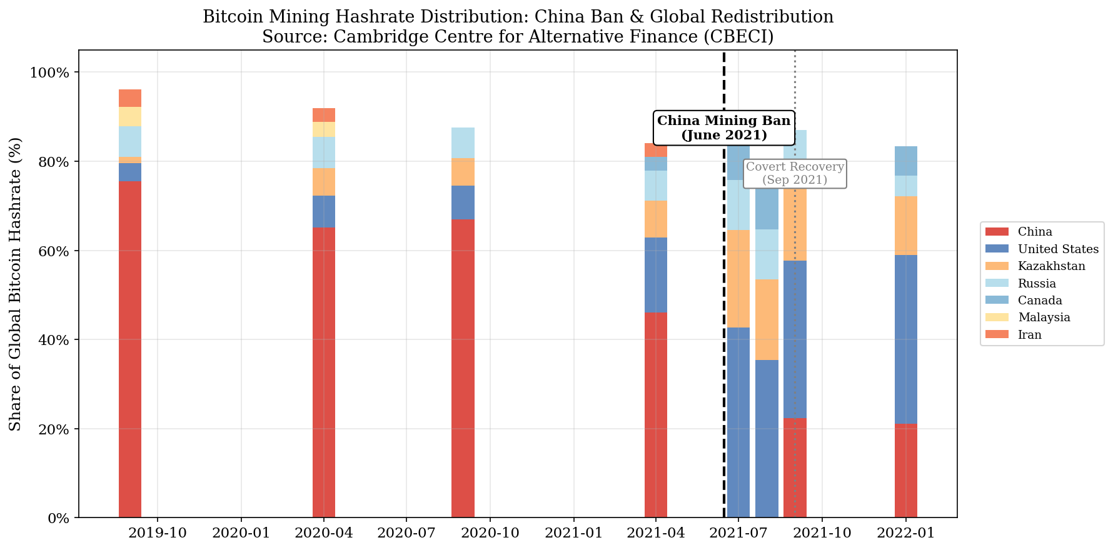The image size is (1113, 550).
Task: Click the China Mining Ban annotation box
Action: pos(723,127)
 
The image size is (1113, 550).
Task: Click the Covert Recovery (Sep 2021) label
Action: pos(794,173)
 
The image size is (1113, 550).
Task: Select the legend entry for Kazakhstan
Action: pos(1051,266)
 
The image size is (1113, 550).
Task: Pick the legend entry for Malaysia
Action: pos(1044,317)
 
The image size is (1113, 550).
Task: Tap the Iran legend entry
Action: pos(1029,335)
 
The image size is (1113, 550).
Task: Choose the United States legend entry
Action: pos(1057,249)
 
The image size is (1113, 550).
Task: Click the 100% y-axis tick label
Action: pos(49,73)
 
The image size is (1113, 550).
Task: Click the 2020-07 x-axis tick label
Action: pos(406,533)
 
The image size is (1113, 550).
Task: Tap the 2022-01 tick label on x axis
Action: pos(905,533)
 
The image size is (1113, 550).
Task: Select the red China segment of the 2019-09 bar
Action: pos(130,350)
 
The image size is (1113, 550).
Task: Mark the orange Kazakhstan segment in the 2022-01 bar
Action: pos(905,226)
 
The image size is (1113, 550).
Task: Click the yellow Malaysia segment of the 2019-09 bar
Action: pos(130,117)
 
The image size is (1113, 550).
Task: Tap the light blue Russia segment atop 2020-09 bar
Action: pos(463,143)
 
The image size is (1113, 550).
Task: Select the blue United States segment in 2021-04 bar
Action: pos(656,275)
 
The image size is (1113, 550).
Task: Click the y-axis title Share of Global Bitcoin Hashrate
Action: pos(16,284)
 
